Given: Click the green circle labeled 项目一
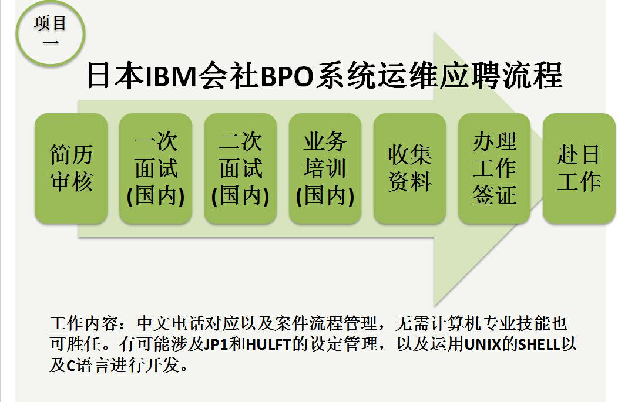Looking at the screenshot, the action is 51,34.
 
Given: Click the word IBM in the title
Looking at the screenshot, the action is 171,76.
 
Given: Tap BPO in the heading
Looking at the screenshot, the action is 287,76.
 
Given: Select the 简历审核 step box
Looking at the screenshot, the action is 71,168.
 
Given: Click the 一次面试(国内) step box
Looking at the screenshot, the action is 156,168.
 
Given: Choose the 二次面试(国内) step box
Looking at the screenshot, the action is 240,168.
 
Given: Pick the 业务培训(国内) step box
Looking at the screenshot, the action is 325,168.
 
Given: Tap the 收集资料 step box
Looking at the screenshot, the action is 410,168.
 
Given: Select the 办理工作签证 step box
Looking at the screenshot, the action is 494,168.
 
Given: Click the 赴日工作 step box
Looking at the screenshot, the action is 579,168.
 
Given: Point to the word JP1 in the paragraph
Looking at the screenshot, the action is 216,344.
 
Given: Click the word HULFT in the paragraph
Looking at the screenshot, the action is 268,344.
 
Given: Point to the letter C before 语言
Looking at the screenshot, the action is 71,366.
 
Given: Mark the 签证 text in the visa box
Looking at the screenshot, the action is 494,195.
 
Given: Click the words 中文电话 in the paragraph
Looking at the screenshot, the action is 171,323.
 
